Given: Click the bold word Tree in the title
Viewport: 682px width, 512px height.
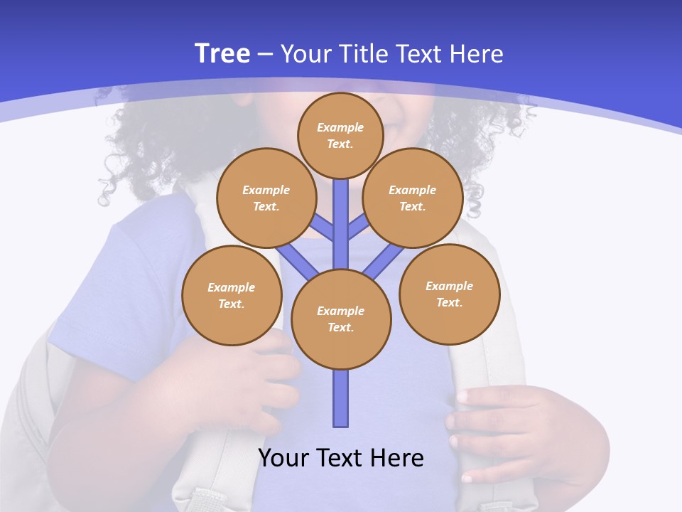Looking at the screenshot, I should [x=222, y=54].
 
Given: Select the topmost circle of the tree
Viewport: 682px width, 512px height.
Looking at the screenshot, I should [x=340, y=135].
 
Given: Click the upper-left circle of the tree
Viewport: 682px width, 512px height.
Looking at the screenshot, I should [x=266, y=198].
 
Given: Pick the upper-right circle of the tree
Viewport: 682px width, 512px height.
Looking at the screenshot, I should [x=413, y=198].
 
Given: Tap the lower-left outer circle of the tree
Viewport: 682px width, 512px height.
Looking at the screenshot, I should [x=232, y=295].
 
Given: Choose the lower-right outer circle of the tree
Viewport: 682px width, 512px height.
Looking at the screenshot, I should [x=449, y=294].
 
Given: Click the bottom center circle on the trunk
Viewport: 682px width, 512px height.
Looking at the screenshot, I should [x=341, y=319].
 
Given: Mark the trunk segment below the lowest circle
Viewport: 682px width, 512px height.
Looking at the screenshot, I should [x=341, y=398].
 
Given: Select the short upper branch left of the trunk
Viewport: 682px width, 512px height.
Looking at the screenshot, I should [x=323, y=228].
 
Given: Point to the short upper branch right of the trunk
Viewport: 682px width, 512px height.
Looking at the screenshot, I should [x=358, y=228].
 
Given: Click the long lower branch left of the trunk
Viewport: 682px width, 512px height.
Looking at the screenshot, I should [x=297, y=260].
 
